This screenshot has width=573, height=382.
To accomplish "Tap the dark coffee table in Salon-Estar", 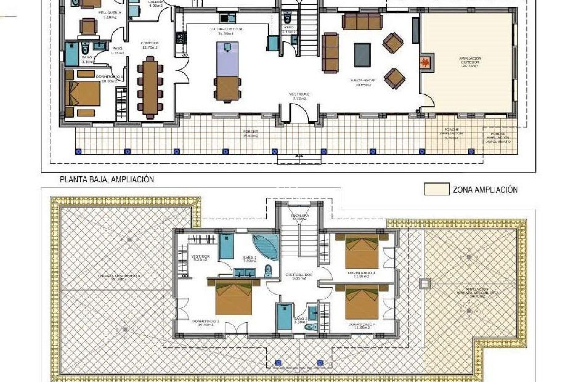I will [362, 55].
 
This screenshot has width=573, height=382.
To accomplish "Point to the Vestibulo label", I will [299, 96].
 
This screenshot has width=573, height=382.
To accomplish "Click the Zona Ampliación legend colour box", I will [436, 189].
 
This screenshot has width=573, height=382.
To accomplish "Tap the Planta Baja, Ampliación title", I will [107, 180].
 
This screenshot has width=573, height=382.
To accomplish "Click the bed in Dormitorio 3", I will [362, 251].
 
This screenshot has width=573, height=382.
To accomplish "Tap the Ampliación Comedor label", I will [470, 62].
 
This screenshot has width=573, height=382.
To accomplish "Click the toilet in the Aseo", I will [287, 18].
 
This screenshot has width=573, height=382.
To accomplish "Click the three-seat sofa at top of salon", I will [362, 21].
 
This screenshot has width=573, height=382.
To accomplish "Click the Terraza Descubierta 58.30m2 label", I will [119, 278].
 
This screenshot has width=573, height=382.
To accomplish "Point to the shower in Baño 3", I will [284, 317].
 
